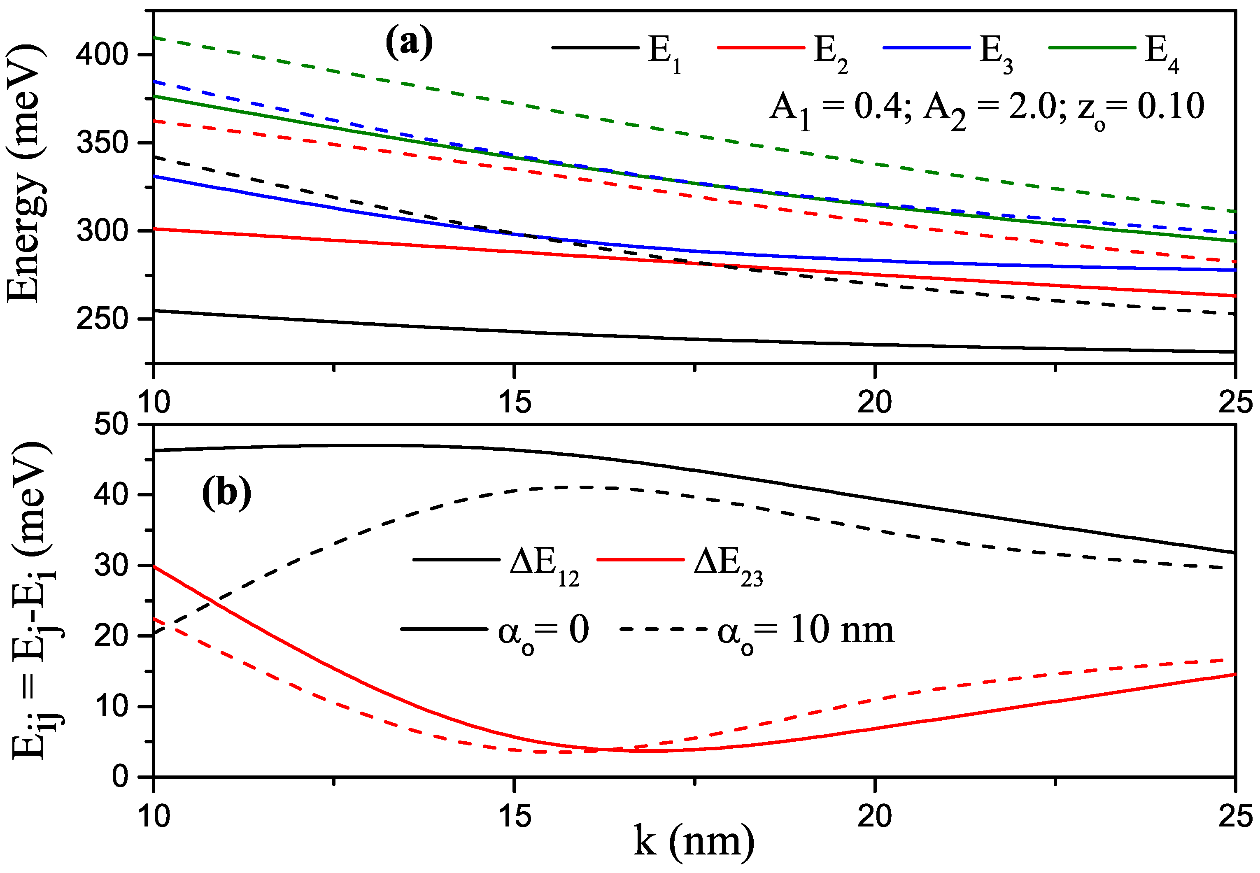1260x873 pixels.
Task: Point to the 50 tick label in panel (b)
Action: click(x=111, y=424)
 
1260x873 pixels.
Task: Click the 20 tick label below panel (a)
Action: click(x=874, y=403)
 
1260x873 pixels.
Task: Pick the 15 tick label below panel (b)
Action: click(x=515, y=817)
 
